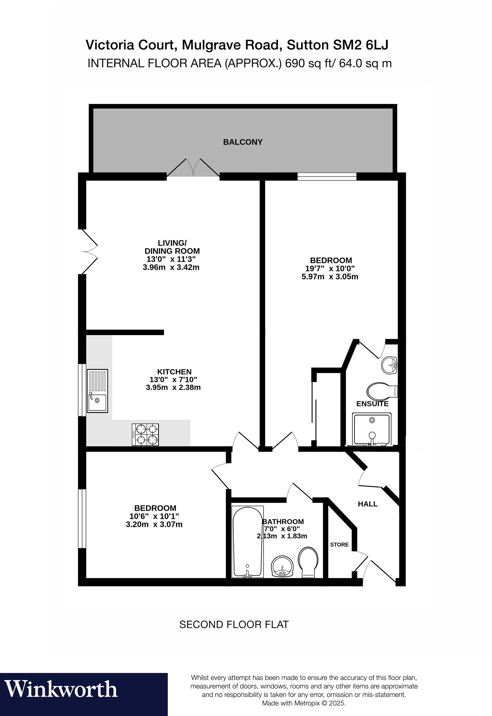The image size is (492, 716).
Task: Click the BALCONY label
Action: pyautogui.click(x=243, y=142)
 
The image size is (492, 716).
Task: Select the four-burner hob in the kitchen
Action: pyautogui.click(x=146, y=434)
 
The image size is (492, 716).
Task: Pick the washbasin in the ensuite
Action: pyautogui.click(x=389, y=365)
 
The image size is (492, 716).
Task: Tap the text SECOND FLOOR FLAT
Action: pyautogui.click(x=234, y=624)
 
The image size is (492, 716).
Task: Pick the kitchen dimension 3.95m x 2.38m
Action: pyautogui.click(x=173, y=387)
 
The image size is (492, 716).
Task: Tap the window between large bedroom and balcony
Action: pyautogui.click(x=327, y=176)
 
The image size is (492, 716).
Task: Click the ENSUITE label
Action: pyautogui.click(x=372, y=404)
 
